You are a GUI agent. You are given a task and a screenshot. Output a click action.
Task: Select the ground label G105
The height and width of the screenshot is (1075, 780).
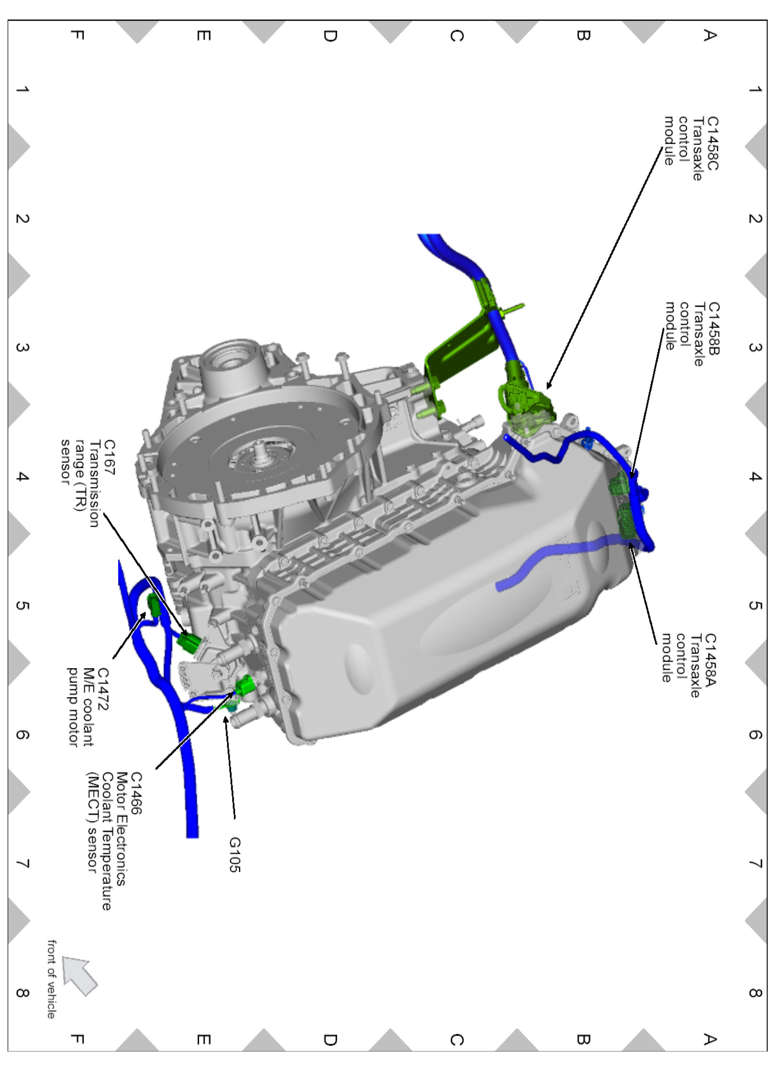tap(234, 855)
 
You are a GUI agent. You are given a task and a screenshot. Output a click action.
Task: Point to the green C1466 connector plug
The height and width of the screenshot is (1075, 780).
tap(245, 686)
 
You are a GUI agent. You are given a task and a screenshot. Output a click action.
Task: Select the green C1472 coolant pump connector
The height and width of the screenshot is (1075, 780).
tap(154, 605)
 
